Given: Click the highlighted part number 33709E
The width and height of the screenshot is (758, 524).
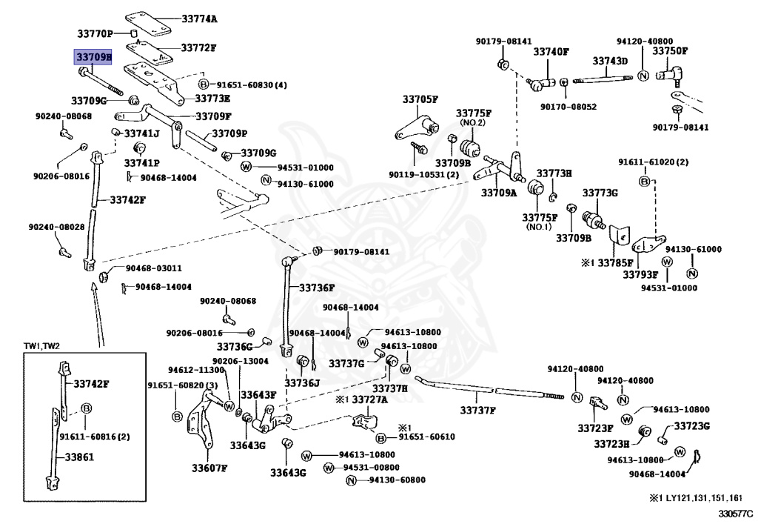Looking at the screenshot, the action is point(93,57).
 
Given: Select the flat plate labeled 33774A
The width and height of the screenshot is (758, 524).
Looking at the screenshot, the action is point(148,24).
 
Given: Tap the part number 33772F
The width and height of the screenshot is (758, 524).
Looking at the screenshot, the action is point(198,48).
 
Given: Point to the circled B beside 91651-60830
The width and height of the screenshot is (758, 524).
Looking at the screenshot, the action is point(204,84).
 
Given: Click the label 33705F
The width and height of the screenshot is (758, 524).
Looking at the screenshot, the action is point(420,99).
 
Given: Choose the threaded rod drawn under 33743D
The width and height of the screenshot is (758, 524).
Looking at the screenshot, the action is point(603,79).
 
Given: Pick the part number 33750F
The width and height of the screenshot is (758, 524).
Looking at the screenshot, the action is point(669,51).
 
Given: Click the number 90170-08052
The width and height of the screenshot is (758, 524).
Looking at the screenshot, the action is point(568,107).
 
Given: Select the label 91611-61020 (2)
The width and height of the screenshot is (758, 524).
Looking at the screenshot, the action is point(653,162).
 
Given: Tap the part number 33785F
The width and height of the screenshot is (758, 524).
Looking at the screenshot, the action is point(615,262).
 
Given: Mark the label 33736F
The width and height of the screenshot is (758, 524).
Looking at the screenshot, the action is point(317,288).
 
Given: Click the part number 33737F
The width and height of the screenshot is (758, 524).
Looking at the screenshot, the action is point(477,411).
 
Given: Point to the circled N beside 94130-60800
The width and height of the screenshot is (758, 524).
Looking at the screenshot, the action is point(352,480).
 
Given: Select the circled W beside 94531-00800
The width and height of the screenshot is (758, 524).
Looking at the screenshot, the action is point(329,468).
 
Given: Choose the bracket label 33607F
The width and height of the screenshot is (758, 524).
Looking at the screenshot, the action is point(209,468).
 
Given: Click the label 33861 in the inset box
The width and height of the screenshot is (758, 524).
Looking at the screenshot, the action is point(79,457).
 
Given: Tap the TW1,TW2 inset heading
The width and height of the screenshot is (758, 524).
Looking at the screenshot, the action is point(41,346).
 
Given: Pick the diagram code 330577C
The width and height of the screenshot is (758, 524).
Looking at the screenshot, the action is point(735,514).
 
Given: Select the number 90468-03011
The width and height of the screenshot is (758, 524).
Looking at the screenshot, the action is point(154,268).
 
